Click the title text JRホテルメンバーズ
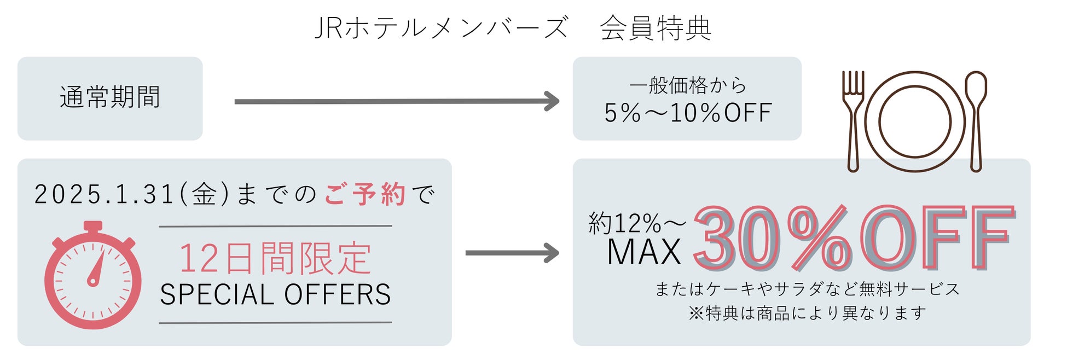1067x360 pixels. click(441, 28)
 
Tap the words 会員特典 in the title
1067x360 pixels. click(656, 28)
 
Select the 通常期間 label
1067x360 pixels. click(110, 98)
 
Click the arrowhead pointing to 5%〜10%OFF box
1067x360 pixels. click(552, 101)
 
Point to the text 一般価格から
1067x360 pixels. click(687, 85)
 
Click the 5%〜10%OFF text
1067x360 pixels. click(687, 113)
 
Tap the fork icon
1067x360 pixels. click(853, 121)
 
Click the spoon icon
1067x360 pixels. click(976, 121)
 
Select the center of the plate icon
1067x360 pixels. click(914, 121)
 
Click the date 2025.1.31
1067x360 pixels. click(104, 195)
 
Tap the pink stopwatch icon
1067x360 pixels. click(93, 281)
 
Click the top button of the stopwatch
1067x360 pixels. click(93, 225)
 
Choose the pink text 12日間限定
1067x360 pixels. click(275, 258)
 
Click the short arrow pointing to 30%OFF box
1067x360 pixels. click(512, 253)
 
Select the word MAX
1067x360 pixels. click(644, 253)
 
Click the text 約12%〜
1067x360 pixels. click(637, 223)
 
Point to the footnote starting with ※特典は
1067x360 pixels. click(808, 313)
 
